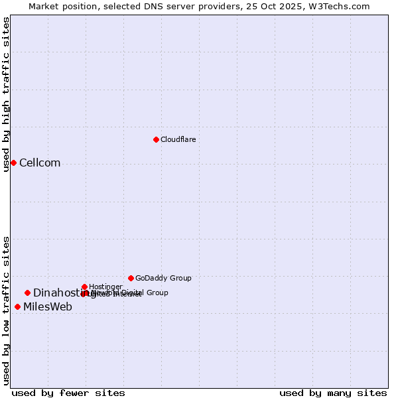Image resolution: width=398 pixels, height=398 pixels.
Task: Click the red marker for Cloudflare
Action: point(156,139)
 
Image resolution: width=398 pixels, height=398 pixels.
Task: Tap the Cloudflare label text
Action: point(178,139)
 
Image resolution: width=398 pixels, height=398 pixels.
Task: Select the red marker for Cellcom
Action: point(13,163)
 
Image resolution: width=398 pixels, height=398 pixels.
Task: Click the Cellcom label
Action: point(40,163)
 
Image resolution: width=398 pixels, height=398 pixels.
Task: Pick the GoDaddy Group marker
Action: point(131,278)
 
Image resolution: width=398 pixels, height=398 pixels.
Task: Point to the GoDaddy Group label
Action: point(163,278)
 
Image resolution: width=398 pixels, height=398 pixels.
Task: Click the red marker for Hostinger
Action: point(84,287)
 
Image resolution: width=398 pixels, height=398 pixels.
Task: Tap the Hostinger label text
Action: point(105,287)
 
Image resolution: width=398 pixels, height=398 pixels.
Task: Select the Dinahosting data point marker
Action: point(27,293)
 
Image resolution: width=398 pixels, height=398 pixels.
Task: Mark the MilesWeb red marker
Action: point(17,306)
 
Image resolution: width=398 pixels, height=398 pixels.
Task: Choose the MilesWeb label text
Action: point(48,306)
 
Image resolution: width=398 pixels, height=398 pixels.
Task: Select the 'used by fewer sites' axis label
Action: point(68,393)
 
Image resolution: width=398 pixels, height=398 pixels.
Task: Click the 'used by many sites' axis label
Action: point(333,393)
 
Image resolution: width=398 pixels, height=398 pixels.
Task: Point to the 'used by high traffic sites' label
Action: point(6,94)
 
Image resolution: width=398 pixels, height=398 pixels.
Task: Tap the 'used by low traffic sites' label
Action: point(6,310)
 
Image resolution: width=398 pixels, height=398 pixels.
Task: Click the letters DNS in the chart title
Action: point(149,6)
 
